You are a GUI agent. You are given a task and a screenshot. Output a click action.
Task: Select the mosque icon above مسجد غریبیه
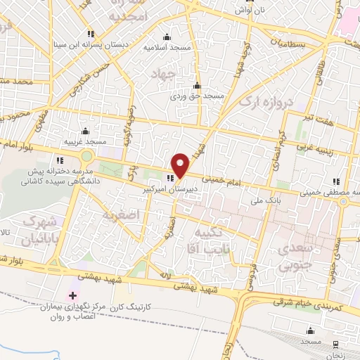point(85,131)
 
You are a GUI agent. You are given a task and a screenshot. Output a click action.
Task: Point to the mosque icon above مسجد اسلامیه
point(167,37)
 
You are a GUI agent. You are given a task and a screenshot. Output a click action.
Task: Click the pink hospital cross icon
point(72,293)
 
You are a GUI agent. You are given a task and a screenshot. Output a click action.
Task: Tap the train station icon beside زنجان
point(335,343)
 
